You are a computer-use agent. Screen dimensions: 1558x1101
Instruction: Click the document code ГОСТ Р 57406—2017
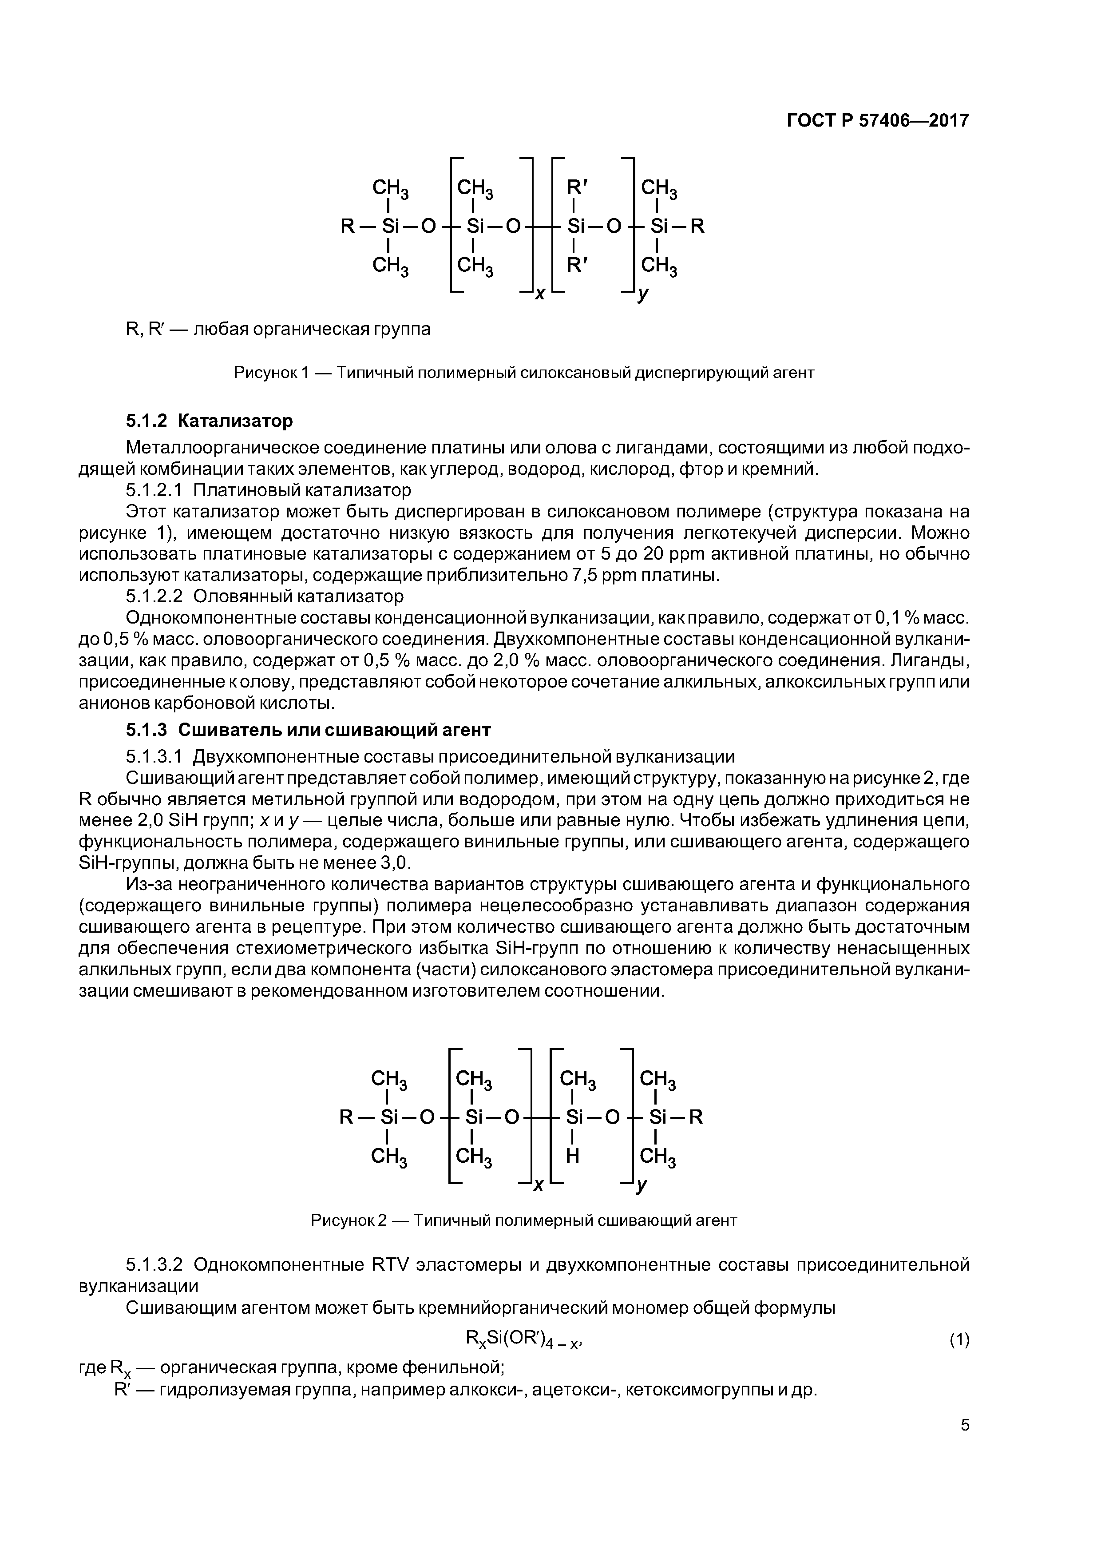pos(878,121)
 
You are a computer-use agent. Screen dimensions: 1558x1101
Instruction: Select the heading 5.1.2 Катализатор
pos(209,421)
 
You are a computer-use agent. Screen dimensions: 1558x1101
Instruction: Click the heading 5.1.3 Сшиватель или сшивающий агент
pos(308,730)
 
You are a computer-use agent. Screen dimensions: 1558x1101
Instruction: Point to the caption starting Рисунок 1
pos(524,373)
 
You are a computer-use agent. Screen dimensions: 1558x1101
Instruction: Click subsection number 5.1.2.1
pos(154,490)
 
